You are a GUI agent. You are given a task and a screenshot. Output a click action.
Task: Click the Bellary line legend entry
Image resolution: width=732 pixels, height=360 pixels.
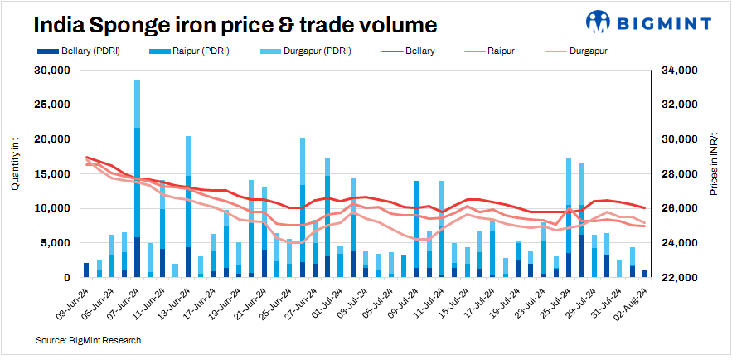[420, 51]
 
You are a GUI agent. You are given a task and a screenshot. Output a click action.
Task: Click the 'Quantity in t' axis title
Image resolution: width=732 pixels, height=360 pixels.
[16, 166]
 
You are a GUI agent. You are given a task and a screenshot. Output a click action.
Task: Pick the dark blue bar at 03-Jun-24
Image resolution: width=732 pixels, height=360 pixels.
[86, 270]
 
